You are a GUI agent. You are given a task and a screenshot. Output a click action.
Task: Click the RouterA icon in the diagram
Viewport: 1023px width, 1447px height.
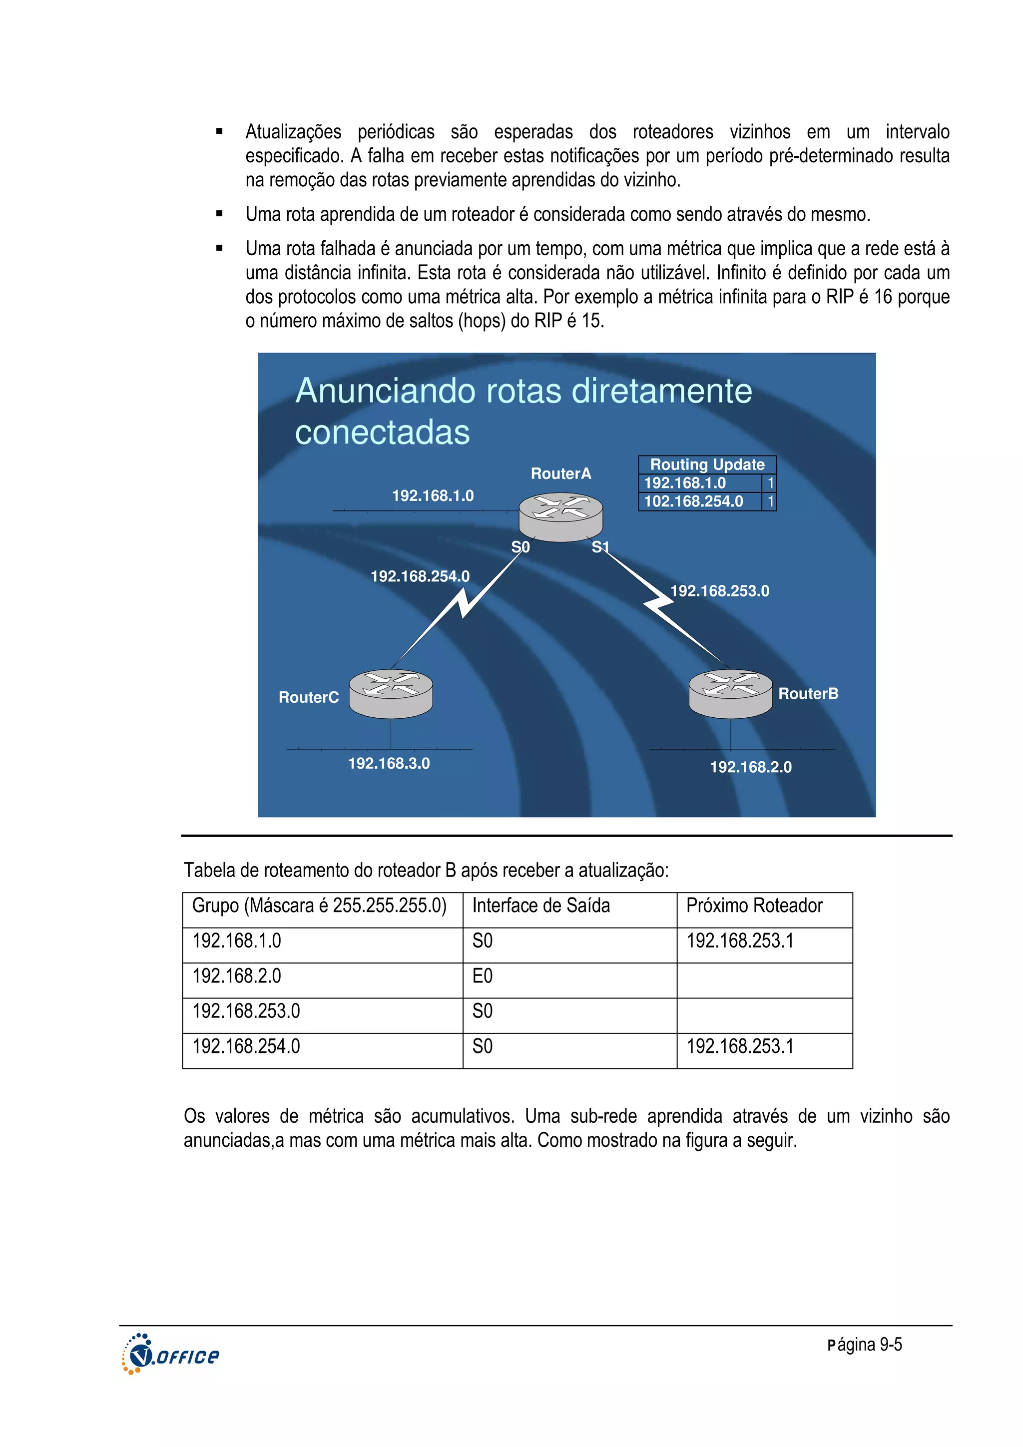pos(560,517)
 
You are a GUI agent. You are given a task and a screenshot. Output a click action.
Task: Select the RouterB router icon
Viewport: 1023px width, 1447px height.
pos(730,693)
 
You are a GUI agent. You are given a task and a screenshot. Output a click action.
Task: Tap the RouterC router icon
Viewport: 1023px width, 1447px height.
pos(391,693)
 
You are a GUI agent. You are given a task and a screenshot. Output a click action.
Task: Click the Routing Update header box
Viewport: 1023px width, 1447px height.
pos(707,465)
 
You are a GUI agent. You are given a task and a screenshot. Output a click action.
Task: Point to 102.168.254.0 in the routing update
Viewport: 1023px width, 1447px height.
pos(693,501)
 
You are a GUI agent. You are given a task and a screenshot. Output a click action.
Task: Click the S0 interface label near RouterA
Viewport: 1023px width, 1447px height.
pos(520,547)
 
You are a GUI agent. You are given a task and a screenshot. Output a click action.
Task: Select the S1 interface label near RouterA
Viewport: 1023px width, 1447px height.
pos(600,547)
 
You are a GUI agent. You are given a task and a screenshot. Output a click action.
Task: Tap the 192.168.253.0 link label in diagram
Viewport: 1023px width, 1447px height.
pos(719,591)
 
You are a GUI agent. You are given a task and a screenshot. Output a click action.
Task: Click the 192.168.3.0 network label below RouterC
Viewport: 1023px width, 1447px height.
pos(389,763)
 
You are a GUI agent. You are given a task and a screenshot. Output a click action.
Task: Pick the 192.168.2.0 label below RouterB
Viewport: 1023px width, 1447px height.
pos(750,767)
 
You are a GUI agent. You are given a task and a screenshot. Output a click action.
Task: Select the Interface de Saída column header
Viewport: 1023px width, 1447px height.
pos(541,906)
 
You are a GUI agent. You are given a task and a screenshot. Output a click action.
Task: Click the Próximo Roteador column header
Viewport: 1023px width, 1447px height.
pos(754,906)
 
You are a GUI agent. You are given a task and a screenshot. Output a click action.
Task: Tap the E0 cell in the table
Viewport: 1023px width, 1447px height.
pos(482,976)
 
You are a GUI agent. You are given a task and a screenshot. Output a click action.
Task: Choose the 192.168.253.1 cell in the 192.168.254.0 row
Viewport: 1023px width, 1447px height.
pos(739,1047)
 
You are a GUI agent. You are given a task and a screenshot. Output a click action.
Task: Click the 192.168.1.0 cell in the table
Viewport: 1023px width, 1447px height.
pos(237,941)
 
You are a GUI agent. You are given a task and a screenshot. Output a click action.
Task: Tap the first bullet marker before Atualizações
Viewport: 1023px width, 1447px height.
pos(219,132)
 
